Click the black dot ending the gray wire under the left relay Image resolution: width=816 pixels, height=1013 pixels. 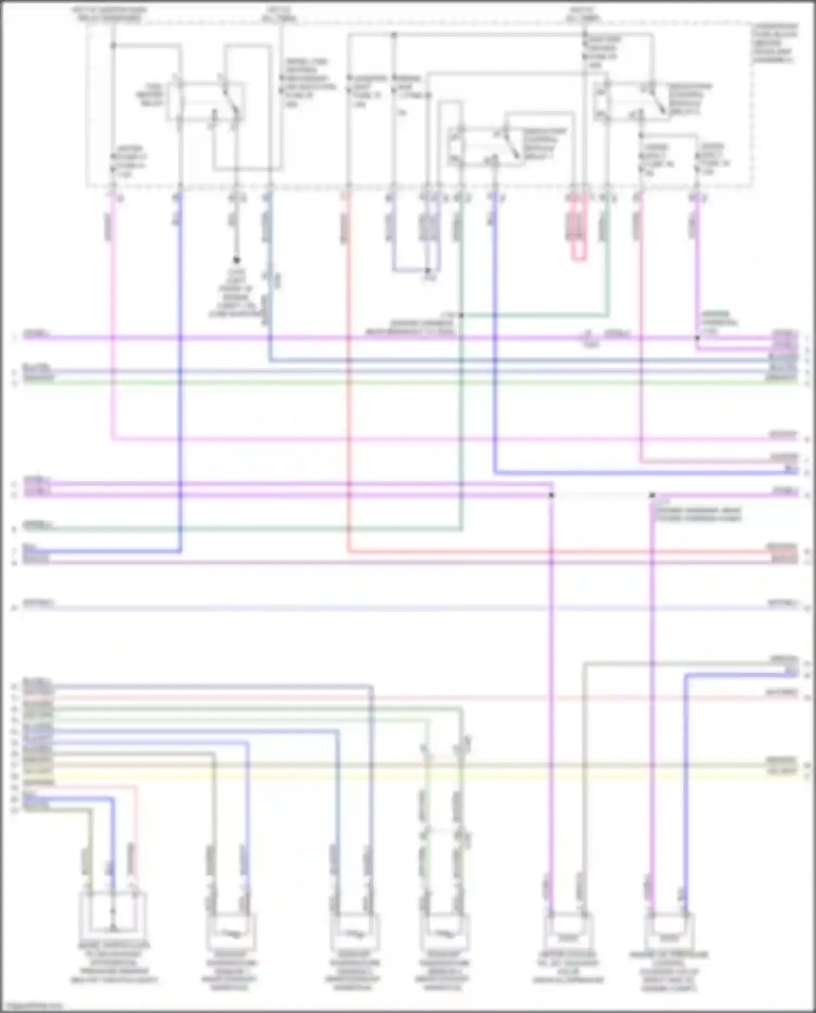tap(237, 260)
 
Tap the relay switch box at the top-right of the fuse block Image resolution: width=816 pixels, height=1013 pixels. tap(631, 100)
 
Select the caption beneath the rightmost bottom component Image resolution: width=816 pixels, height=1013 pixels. tap(669, 972)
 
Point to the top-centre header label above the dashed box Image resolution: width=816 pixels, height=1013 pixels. tap(280, 14)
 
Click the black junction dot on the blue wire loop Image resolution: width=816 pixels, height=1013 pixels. tap(428, 270)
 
